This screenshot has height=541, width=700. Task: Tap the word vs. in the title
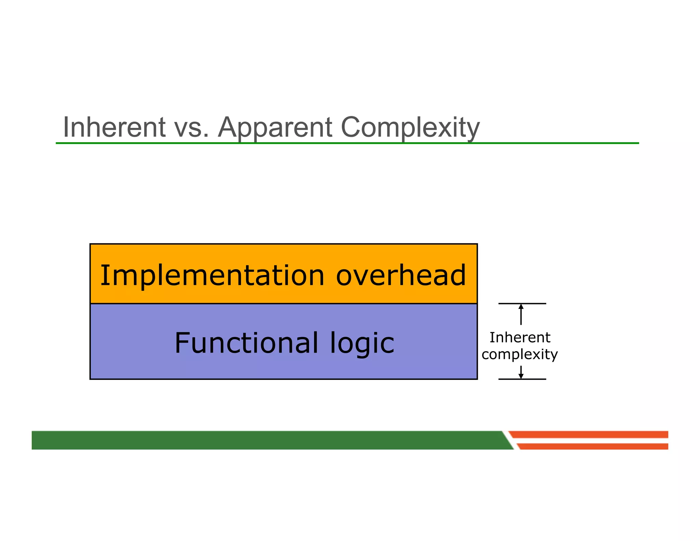[x=191, y=127]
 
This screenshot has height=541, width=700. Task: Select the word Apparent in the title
[x=275, y=127]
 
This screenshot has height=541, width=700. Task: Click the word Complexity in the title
[x=410, y=127]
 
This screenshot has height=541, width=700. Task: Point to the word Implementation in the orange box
[x=212, y=276]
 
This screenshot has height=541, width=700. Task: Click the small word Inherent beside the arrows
[x=520, y=338]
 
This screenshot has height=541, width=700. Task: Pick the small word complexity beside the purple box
[x=520, y=354]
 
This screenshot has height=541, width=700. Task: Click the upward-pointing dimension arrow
[x=521, y=314]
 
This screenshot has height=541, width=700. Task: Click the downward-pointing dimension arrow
[x=521, y=372]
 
